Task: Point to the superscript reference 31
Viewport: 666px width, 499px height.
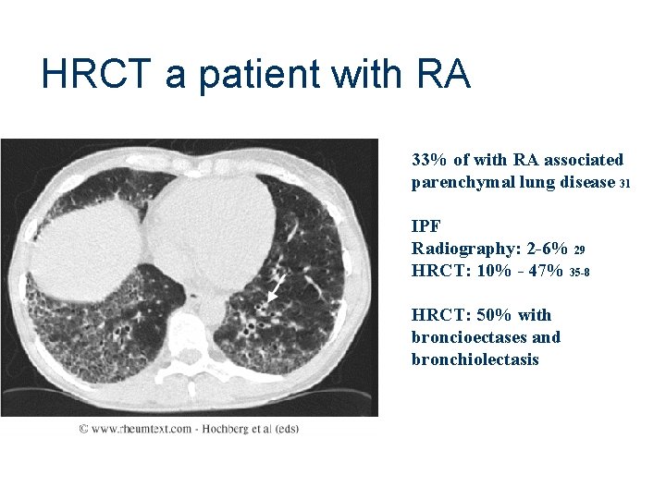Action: click(x=624, y=184)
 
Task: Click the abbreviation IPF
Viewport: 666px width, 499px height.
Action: click(x=426, y=225)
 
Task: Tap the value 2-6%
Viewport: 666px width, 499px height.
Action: click(x=544, y=249)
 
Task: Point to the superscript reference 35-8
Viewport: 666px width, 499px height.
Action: click(x=581, y=273)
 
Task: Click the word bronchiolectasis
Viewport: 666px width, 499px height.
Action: click(x=475, y=359)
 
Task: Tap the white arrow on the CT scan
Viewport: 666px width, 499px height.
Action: click(x=275, y=289)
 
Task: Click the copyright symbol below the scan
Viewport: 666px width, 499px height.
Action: click(x=83, y=429)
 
